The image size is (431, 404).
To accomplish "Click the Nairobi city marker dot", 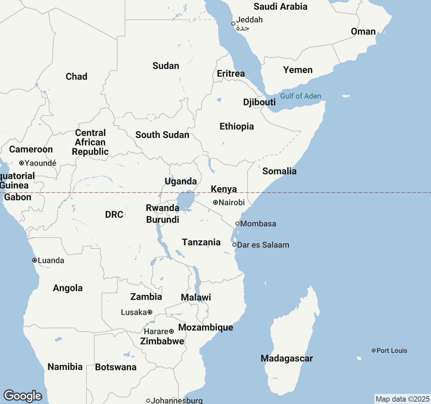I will point(215,202).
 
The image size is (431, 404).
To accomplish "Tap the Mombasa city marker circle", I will point(237,224).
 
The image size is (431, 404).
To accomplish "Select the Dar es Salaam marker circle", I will point(234,245).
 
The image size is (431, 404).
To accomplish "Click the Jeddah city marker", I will point(233,24).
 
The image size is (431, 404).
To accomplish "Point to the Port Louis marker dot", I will point(373,350).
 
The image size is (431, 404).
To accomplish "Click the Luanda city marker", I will point(34,260).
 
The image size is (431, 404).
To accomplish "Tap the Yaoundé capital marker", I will point(21,163).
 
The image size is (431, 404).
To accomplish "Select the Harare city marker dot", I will point(171,331).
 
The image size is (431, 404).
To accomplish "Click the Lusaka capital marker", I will point(150,312).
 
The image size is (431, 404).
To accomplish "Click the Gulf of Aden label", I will point(300,96).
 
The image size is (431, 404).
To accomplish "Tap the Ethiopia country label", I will point(237,127).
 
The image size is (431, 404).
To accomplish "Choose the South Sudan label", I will point(162,135).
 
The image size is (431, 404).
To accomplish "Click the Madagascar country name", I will point(287,358).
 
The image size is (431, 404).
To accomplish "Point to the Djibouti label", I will point(259,102).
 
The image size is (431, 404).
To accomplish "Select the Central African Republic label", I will point(90,142).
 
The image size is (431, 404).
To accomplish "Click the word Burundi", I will point(163,220).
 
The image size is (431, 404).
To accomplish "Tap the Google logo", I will point(23,396).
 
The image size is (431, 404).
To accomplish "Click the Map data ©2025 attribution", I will point(402,399).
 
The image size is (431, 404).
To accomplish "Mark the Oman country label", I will point(363,32).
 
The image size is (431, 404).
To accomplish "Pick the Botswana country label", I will point(115,367).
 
